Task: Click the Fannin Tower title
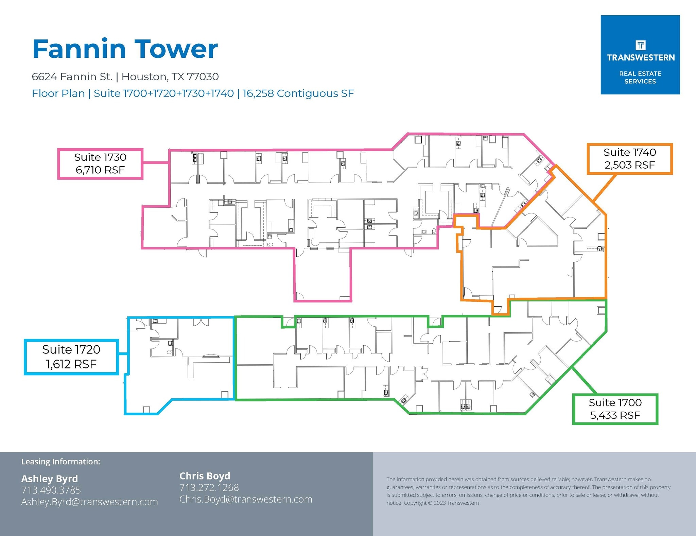125,49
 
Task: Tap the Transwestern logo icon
640,45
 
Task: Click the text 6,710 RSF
100,170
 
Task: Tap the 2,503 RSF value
629,165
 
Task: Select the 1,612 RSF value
71,364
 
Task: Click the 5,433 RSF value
615,415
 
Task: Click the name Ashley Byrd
50,479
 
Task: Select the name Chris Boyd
205,476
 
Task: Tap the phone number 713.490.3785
51,490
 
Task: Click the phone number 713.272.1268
209,487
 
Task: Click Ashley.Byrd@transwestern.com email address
90,502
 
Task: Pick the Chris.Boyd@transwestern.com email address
246,499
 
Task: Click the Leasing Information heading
61,462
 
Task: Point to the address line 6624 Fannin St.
72,77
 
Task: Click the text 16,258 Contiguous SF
298,93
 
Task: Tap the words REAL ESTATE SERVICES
640,77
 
